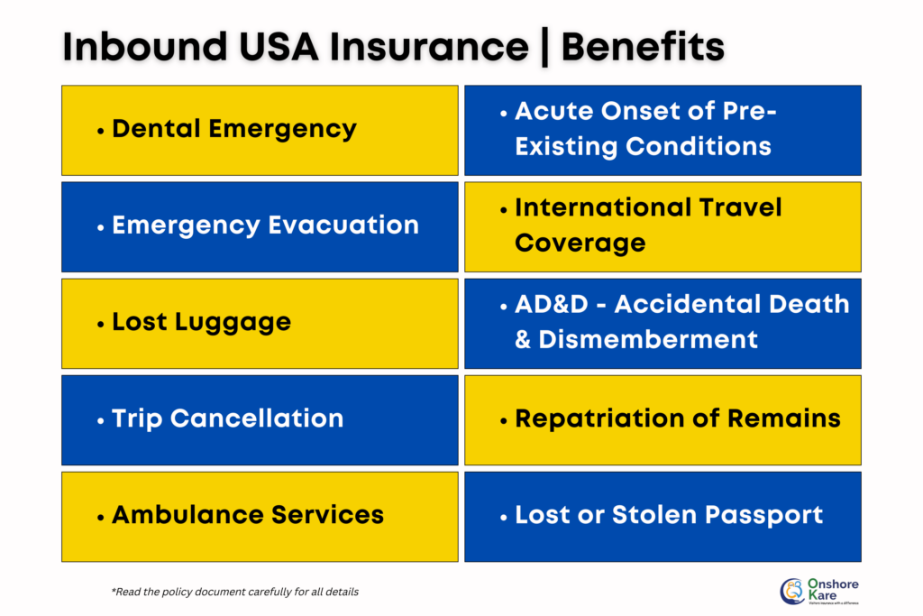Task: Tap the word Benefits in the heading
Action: [643, 48]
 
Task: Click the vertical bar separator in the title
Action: [544, 48]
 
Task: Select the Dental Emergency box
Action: [260, 130]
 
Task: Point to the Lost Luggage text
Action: [201, 322]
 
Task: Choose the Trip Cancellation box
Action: [260, 419]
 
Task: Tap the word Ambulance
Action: [177, 515]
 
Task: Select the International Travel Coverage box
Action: [663, 226]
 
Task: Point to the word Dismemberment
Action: [648, 340]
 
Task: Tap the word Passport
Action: [766, 515]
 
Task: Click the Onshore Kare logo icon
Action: [792, 592]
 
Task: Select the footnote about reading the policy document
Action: [234, 592]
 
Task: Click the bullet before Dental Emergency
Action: [100, 131]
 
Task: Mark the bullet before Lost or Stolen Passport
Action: [503, 517]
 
